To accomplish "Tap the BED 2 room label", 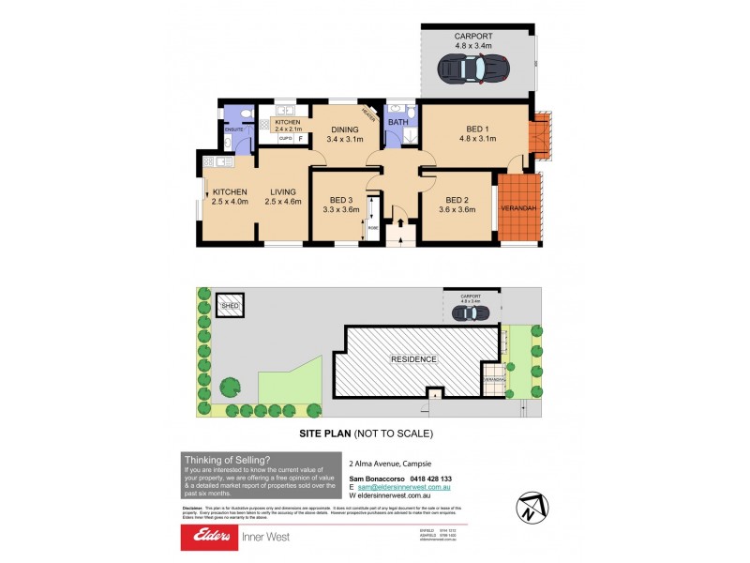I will [x=457, y=200].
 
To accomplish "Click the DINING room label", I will [x=344, y=130].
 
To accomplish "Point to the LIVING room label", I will [x=282, y=192].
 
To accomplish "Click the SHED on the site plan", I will [x=229, y=306].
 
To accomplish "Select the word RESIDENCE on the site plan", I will [x=413, y=359].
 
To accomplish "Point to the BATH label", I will [x=397, y=122].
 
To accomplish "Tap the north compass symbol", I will [x=530, y=508].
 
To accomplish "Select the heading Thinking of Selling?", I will [x=228, y=459].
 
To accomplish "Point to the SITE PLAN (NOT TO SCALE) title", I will [x=365, y=434].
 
